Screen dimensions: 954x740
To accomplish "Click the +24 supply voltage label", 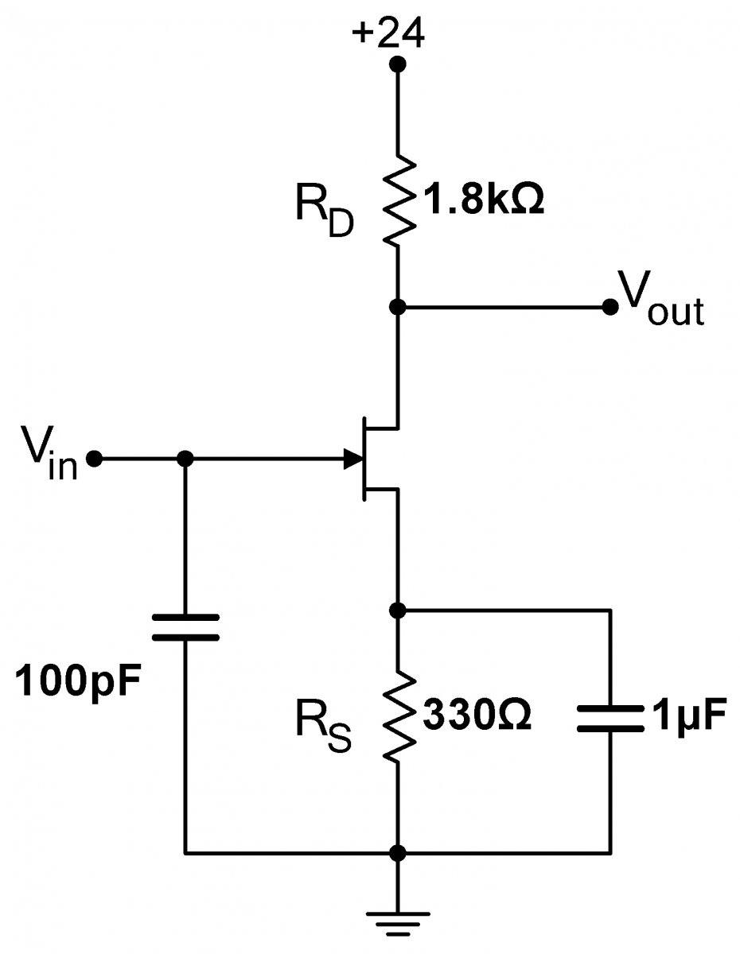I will pos(391,33).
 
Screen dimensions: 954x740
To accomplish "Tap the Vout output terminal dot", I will pos(610,307).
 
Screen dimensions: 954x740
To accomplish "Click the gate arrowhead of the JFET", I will pos(351,459).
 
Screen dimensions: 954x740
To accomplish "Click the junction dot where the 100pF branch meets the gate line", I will pos(185,459).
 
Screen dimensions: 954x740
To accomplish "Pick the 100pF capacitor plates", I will pos(185,627).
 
